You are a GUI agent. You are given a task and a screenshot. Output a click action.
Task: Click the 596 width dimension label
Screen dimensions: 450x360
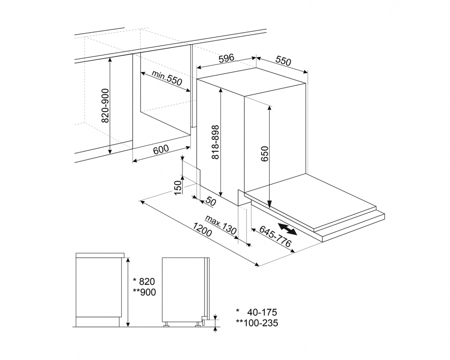[x=227, y=58]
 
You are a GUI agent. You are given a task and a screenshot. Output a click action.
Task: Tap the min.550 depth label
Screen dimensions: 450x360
[x=167, y=78]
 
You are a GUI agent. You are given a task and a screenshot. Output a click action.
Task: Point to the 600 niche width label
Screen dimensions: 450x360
[x=161, y=149]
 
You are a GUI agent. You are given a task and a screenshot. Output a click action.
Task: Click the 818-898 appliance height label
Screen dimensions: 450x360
[x=215, y=142]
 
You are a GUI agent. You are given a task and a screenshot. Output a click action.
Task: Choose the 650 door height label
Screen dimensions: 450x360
[x=265, y=153]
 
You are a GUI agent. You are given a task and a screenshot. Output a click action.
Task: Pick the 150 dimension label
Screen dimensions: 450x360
[x=178, y=187]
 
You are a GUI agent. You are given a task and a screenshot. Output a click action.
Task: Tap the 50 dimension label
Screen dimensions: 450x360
[x=210, y=202]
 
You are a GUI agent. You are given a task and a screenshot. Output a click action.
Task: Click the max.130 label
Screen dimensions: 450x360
[x=222, y=225]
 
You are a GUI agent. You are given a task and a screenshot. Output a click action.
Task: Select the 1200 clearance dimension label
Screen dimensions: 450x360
[x=202, y=229]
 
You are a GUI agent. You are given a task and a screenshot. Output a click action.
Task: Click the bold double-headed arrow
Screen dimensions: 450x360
[x=287, y=229]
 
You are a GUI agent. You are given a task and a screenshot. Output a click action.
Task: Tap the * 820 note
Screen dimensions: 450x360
[x=144, y=281]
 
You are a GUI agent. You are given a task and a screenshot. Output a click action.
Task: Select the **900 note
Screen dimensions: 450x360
[x=144, y=292]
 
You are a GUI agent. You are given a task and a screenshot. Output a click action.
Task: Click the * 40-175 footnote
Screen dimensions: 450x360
[x=257, y=312]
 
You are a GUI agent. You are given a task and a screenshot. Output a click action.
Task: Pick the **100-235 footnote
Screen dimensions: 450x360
[x=257, y=323]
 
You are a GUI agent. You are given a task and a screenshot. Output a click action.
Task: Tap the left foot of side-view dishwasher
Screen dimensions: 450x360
[x=166, y=324]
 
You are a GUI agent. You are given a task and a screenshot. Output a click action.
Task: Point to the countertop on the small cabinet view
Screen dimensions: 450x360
[x=100, y=256]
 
